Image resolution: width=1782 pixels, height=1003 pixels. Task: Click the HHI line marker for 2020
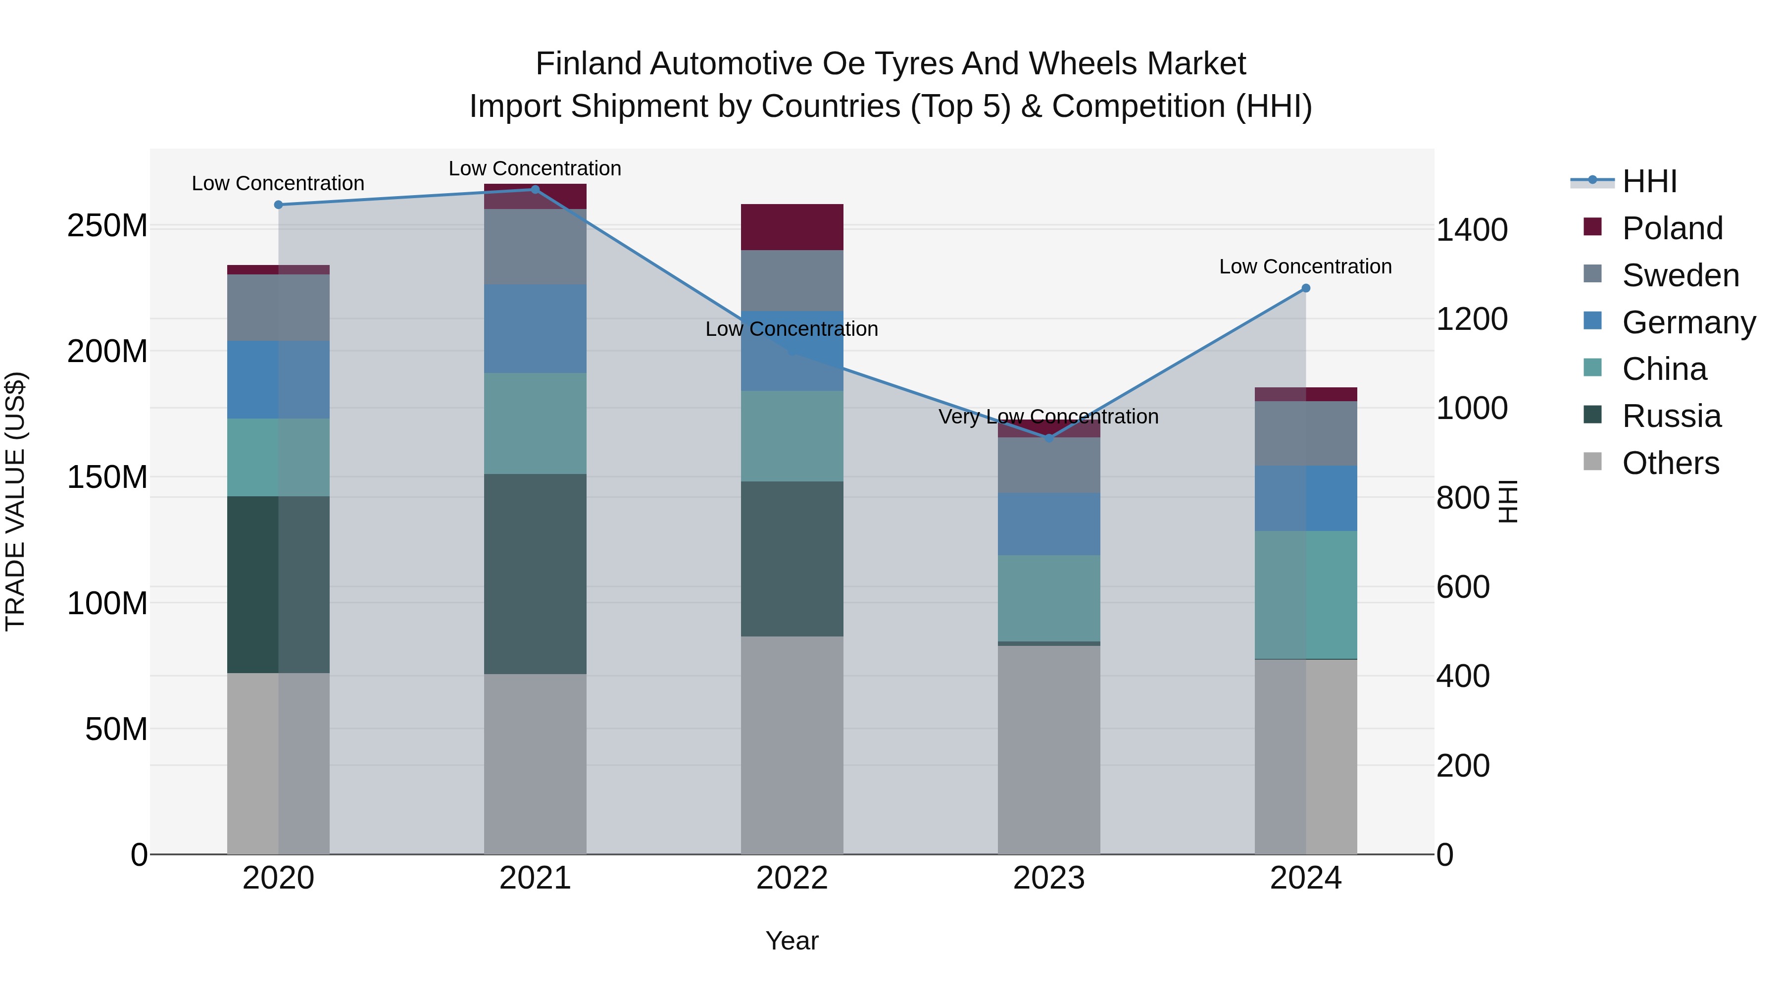point(278,205)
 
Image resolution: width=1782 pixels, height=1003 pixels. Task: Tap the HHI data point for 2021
point(535,190)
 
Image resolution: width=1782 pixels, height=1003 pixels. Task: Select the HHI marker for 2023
point(1049,438)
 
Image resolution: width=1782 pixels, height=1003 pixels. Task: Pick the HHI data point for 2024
point(1305,289)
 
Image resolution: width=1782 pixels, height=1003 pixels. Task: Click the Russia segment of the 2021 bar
point(535,574)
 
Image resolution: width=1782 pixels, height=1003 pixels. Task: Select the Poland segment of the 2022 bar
point(792,227)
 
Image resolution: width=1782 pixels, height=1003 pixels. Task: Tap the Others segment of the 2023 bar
point(1049,750)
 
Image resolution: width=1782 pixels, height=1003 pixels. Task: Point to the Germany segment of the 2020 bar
point(278,379)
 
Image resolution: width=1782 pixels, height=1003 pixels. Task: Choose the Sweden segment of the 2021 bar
point(535,247)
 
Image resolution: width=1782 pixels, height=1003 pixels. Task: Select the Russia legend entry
point(1671,416)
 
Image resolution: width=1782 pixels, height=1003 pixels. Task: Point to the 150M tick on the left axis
point(107,477)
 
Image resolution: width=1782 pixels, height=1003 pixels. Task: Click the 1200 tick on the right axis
point(1472,319)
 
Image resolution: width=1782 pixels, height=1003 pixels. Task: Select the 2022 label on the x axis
point(792,878)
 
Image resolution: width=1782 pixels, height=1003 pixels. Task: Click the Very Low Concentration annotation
point(1048,417)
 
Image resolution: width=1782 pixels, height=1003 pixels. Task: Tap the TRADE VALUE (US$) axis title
point(16,501)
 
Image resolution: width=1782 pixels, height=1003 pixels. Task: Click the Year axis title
point(792,941)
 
